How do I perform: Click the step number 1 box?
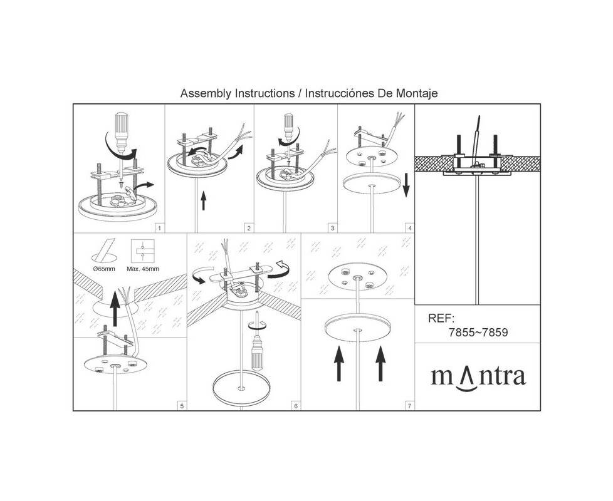(160, 228)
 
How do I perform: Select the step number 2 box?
(249, 228)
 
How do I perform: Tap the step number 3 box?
(333, 228)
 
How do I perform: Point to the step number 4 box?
(410, 228)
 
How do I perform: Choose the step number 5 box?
(181, 406)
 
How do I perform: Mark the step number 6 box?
(296, 406)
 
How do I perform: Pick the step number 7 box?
(409, 406)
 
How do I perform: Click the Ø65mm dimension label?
(105, 269)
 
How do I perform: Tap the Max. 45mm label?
(143, 269)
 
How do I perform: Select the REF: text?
(441, 318)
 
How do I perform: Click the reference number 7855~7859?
(478, 333)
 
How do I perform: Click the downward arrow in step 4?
(406, 185)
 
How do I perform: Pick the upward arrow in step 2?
(203, 200)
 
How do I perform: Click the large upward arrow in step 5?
(115, 309)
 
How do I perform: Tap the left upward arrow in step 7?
(339, 364)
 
